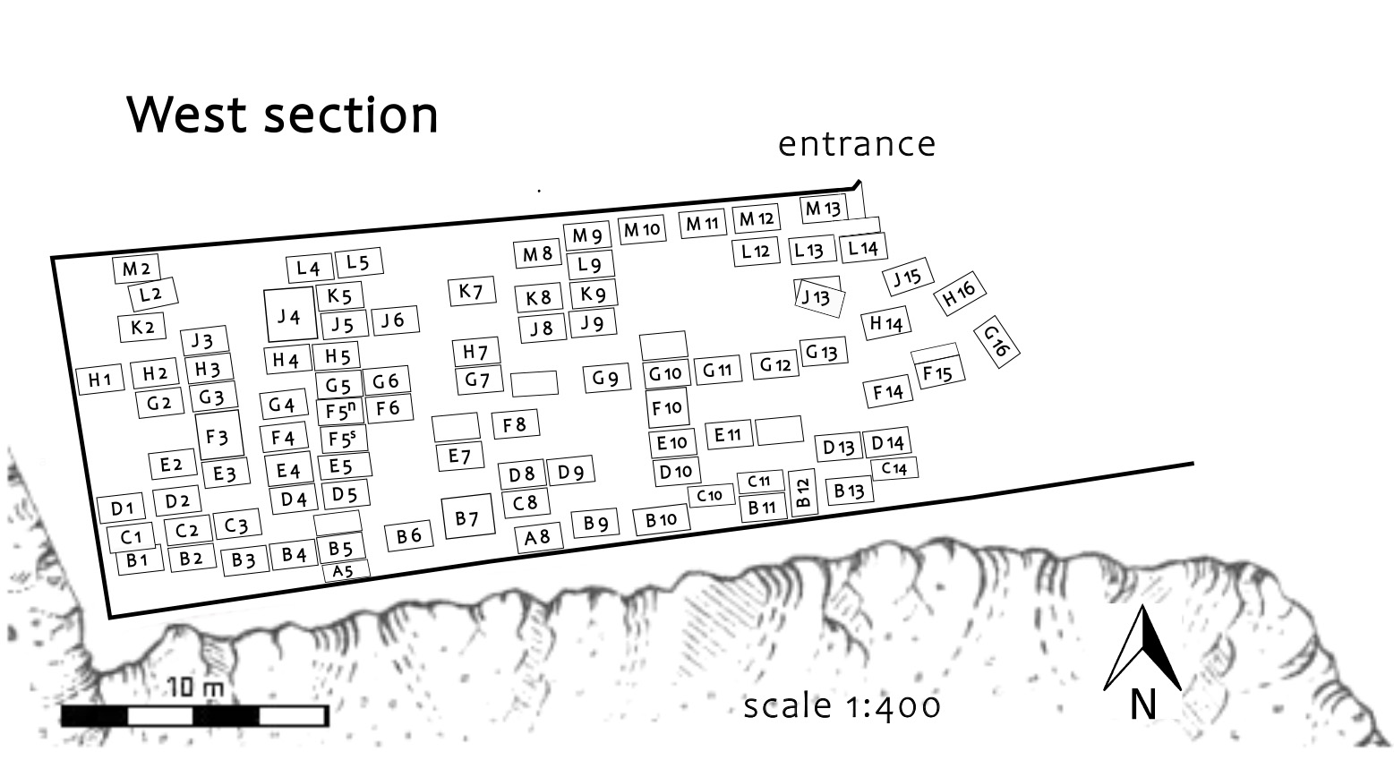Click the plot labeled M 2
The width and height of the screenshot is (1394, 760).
click(x=136, y=269)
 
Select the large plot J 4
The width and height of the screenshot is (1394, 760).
click(x=289, y=316)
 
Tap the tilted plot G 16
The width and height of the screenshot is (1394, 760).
click(x=996, y=341)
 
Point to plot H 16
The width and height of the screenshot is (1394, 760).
click(x=959, y=293)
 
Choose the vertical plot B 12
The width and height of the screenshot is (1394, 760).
click(x=803, y=492)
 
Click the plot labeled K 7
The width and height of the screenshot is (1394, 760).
click(x=472, y=291)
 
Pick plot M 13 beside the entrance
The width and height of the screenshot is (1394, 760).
click(x=823, y=209)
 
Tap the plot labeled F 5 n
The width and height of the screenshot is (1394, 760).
click(x=340, y=412)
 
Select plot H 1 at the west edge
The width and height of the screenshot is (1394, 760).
click(x=99, y=380)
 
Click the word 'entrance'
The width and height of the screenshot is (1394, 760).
click(x=856, y=144)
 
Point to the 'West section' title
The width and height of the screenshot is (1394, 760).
click(x=283, y=115)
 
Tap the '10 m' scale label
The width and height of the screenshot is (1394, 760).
click(x=195, y=688)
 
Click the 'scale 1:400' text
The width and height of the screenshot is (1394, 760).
click(x=842, y=706)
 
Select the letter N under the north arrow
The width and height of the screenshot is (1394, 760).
click(x=1142, y=704)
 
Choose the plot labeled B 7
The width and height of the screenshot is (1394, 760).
click(x=467, y=517)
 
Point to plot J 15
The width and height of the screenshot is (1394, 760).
click(x=907, y=278)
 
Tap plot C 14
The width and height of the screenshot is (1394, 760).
click(x=894, y=468)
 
